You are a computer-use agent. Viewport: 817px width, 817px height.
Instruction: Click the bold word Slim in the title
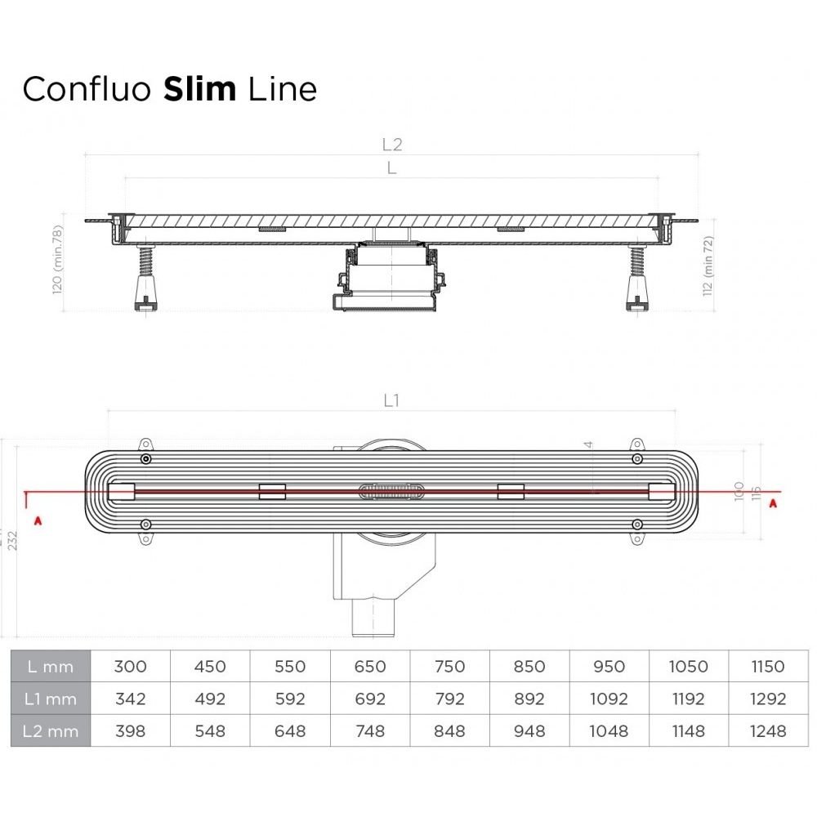point(199,89)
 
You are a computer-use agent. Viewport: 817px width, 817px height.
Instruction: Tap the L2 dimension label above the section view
point(392,145)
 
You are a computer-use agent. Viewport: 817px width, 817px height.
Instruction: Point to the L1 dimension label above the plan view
point(391,400)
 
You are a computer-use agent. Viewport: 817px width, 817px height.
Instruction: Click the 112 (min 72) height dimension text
point(708,266)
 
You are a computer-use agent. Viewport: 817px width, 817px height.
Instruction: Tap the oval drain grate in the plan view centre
point(391,490)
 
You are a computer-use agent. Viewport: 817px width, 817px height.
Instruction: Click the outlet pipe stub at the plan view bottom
point(373,622)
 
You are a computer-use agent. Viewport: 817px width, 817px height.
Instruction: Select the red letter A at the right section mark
point(773,502)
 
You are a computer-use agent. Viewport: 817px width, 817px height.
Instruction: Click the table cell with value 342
point(130,699)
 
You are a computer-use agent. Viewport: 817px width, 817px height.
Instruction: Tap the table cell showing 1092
point(609,699)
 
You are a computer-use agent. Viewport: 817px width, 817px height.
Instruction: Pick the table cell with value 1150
point(768,667)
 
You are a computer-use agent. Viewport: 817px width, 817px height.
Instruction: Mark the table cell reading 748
point(369,730)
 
